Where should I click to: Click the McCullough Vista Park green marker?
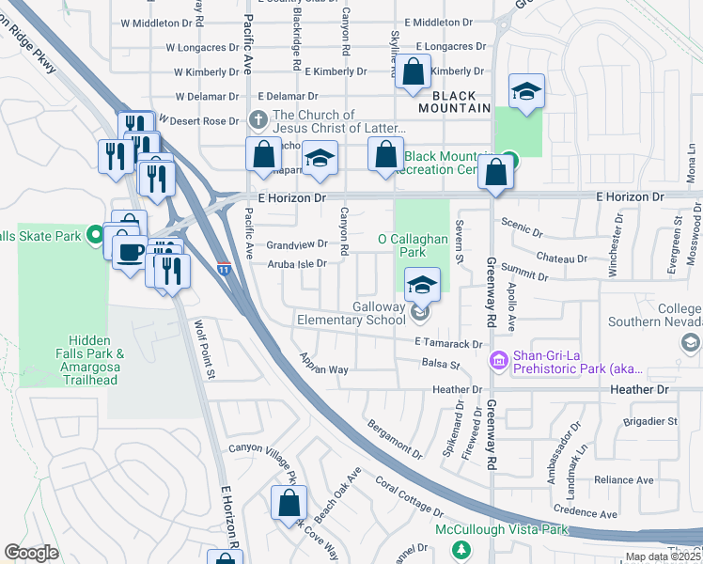tap(460, 548)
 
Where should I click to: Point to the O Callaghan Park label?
tap(414, 245)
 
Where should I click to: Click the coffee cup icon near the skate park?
tap(129, 250)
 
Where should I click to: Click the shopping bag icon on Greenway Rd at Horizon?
tap(494, 173)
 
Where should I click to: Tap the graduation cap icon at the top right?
tap(527, 91)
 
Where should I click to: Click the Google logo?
tap(31, 553)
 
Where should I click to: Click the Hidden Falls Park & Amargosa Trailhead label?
tap(90, 360)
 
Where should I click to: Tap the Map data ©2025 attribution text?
tap(662, 556)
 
